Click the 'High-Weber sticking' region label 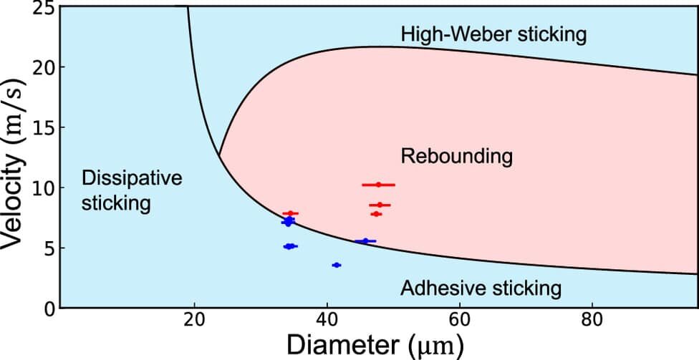(493, 35)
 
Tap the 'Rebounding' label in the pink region (457, 157)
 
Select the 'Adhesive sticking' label (481, 288)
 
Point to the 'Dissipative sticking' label (132, 190)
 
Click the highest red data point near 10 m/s (378, 185)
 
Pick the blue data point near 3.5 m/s (337, 265)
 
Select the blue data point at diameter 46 (365, 241)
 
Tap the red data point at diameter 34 (290, 213)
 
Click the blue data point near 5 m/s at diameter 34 (290, 246)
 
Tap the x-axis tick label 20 (194, 321)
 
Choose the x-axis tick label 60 (460, 321)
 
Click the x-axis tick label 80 (592, 321)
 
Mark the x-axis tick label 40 (327, 321)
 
